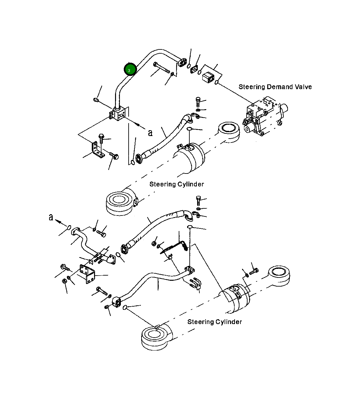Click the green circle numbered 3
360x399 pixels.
[130, 69]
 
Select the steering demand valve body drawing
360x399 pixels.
[265, 116]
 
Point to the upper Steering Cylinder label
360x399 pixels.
[177, 184]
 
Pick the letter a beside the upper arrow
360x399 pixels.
[150, 132]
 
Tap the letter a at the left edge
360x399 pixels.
[51, 217]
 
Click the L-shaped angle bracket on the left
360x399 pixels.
[98, 150]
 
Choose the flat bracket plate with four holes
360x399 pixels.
[88, 274]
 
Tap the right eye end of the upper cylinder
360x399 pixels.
[228, 132]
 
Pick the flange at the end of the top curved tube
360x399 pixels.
[182, 62]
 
